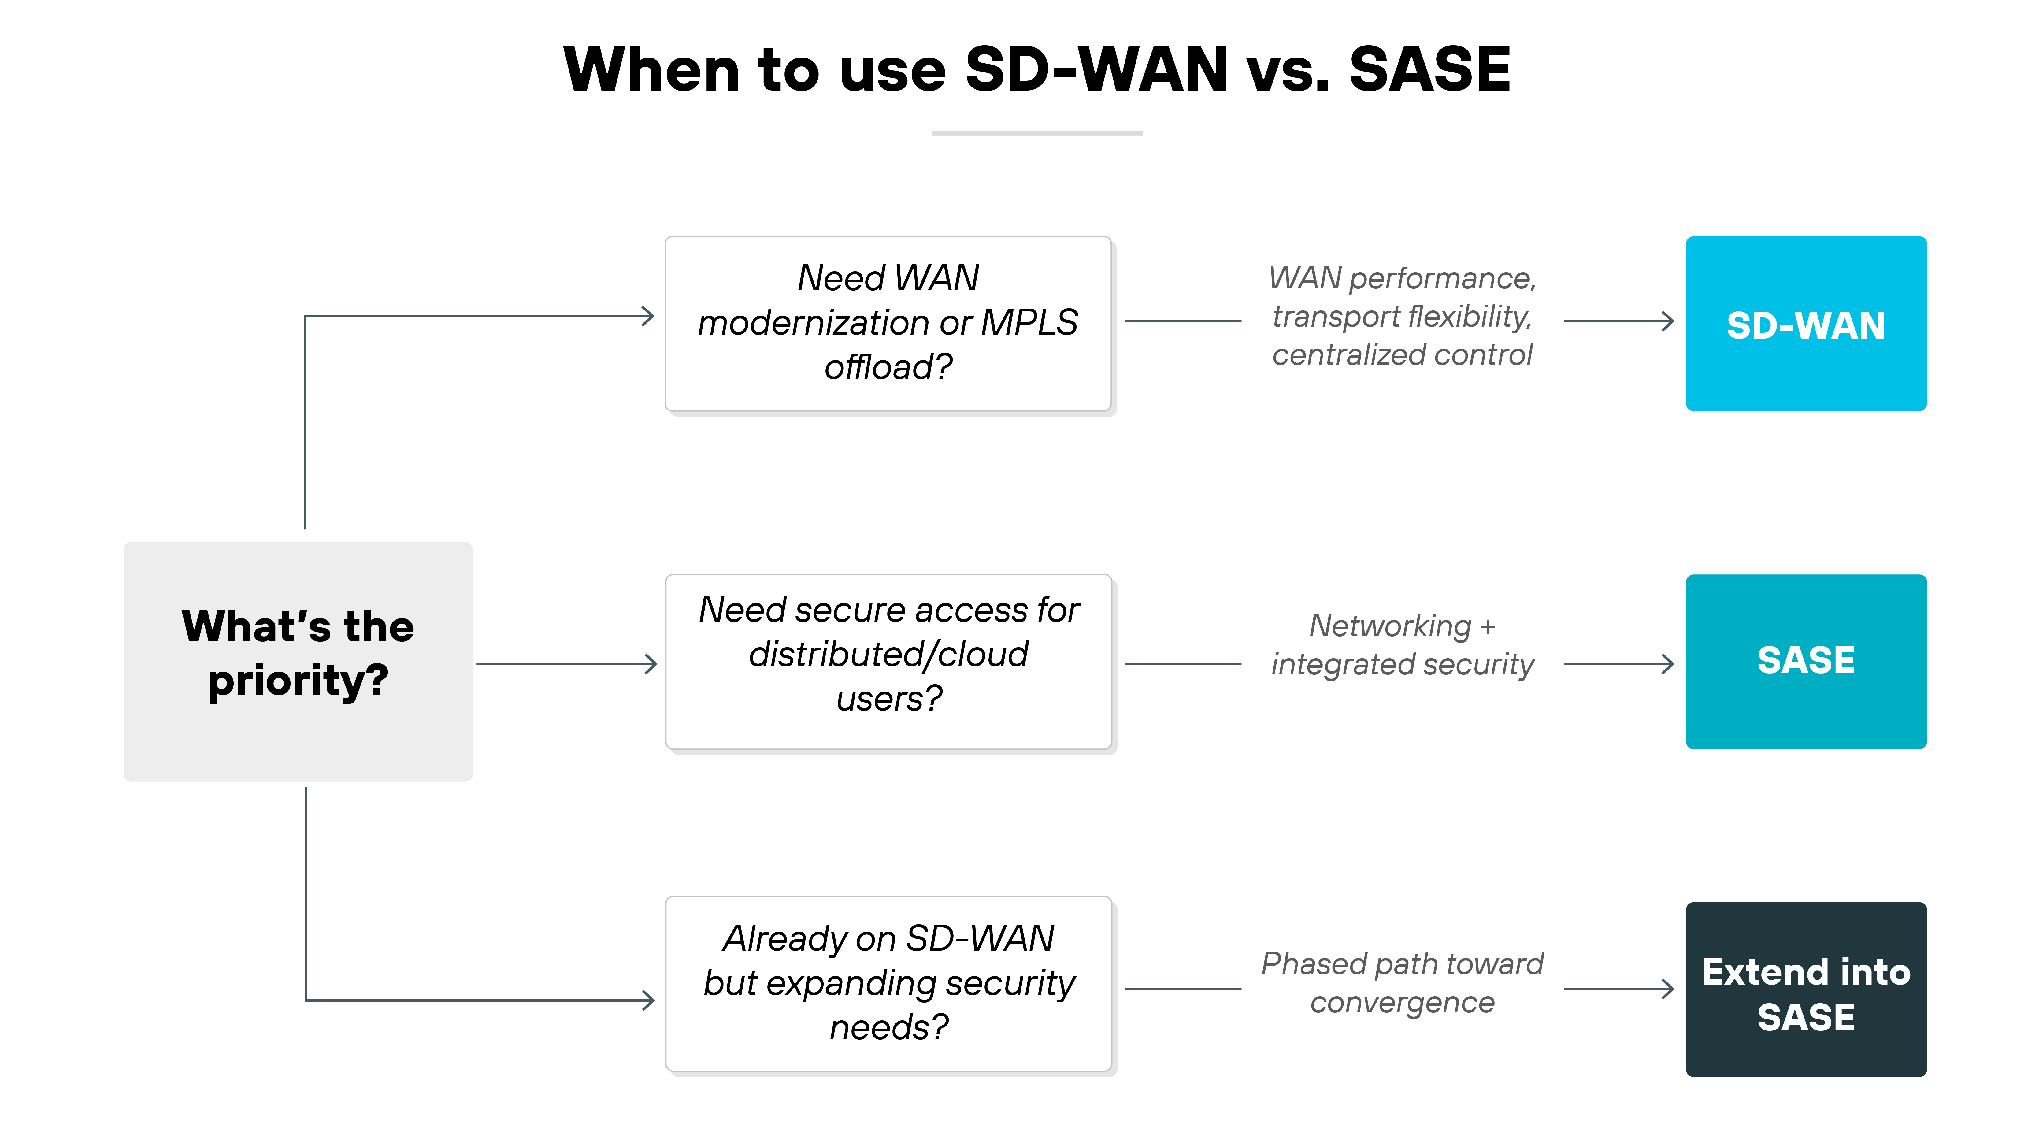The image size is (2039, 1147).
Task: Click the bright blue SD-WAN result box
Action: coord(1806,324)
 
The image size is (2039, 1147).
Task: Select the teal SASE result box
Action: coord(1806,662)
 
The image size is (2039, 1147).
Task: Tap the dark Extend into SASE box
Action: coord(1806,989)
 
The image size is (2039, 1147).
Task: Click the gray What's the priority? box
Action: coord(298,662)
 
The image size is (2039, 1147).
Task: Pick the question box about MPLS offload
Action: coord(888,324)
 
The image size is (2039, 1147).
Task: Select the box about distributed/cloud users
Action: coord(888,662)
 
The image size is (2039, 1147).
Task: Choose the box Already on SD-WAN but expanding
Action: coord(888,984)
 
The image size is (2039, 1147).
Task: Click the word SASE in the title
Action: coord(1429,70)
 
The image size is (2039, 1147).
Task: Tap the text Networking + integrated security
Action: coord(1402,645)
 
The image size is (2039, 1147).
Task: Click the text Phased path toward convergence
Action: coord(1402,983)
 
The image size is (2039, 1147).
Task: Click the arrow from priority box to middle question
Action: coord(566,664)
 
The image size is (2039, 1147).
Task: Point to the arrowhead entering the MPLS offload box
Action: coord(648,317)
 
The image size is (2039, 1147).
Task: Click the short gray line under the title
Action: coord(1037,133)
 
